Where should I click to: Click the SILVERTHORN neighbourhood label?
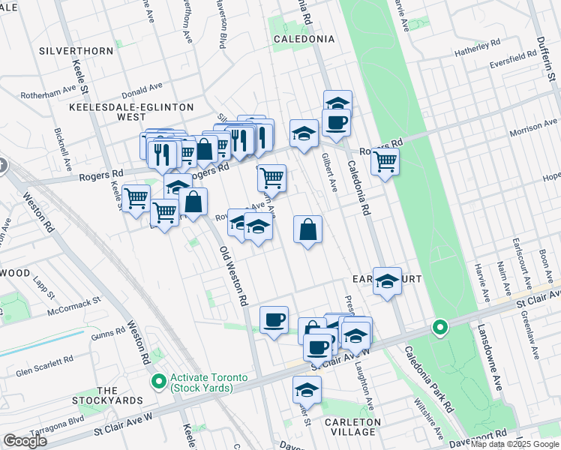pos(79,51)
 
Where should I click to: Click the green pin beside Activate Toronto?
pos(158,382)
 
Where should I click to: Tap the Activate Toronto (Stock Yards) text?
pos(202,382)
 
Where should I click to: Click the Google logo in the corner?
pos(25,441)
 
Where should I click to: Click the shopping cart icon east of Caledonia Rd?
pos(385,160)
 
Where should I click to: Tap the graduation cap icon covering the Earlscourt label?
pos(387,282)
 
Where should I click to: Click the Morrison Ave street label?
pos(533,127)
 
